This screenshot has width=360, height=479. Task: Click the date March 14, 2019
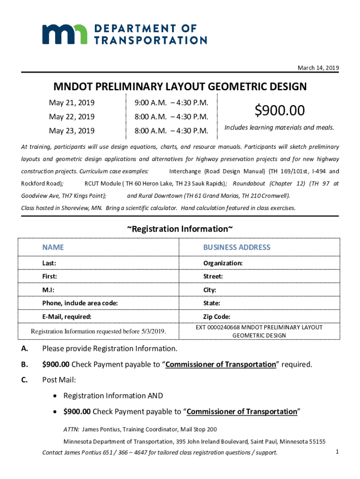(x=318, y=68)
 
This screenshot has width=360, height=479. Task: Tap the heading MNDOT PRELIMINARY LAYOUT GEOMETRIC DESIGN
(x=180, y=87)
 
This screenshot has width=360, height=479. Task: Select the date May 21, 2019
(x=72, y=102)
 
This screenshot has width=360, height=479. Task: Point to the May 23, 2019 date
(x=72, y=131)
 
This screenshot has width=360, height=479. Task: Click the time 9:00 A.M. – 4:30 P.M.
(x=171, y=102)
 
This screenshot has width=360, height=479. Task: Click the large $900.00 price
(x=280, y=110)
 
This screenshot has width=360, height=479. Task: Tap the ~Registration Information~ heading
(x=180, y=229)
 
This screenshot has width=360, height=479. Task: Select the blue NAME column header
(x=53, y=247)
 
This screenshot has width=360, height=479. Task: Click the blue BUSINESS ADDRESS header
(x=237, y=247)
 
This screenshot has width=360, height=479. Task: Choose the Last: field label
(x=50, y=263)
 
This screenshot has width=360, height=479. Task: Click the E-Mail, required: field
(x=66, y=317)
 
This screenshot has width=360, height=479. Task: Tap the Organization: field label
(x=223, y=263)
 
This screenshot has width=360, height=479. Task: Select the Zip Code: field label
(x=216, y=317)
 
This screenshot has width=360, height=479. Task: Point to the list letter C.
(x=24, y=380)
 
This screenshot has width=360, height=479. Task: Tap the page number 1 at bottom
(x=337, y=451)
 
